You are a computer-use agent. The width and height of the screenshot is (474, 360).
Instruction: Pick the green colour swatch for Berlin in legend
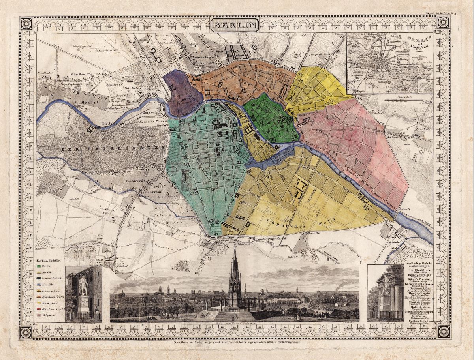tap(38, 267)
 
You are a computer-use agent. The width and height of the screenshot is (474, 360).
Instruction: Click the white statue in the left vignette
tap(83, 292)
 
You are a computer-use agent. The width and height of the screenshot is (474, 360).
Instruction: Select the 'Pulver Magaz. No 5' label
tap(110, 51)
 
